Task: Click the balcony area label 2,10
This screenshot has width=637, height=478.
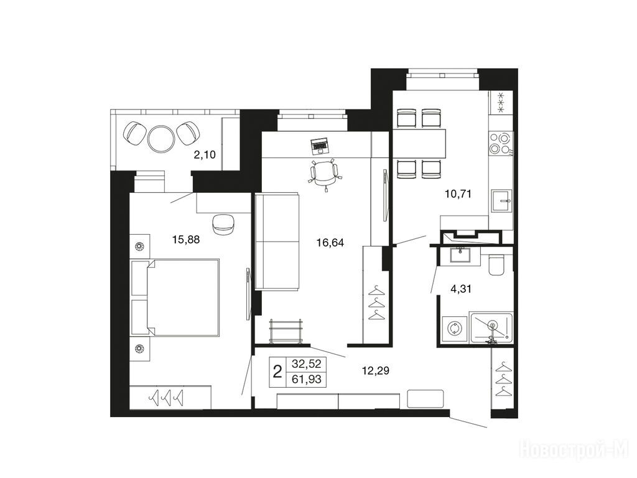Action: tap(204, 154)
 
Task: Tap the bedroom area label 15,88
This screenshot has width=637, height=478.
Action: tap(186, 240)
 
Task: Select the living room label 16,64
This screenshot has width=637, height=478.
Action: tap(330, 243)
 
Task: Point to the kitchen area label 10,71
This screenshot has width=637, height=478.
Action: tap(458, 194)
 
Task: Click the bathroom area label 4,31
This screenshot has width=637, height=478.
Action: tap(461, 289)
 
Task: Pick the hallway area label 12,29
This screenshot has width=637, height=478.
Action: tap(375, 370)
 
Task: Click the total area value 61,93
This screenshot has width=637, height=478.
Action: tap(306, 379)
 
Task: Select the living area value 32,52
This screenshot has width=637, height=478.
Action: tap(306, 363)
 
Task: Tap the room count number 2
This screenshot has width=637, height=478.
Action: tap(277, 372)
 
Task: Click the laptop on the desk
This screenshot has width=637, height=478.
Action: tap(320, 146)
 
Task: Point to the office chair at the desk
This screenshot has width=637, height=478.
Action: tap(324, 174)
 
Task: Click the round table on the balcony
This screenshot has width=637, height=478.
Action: tap(161, 138)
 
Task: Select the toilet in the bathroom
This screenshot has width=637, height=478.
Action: tap(496, 264)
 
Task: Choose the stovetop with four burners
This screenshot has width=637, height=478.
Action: tap(501, 143)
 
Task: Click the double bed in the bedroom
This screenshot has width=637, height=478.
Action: tap(175, 297)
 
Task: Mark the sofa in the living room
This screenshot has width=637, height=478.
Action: tap(277, 241)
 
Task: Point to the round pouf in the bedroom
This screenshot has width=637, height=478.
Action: tap(223, 224)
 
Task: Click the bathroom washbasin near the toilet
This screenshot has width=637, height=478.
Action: tap(460, 255)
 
